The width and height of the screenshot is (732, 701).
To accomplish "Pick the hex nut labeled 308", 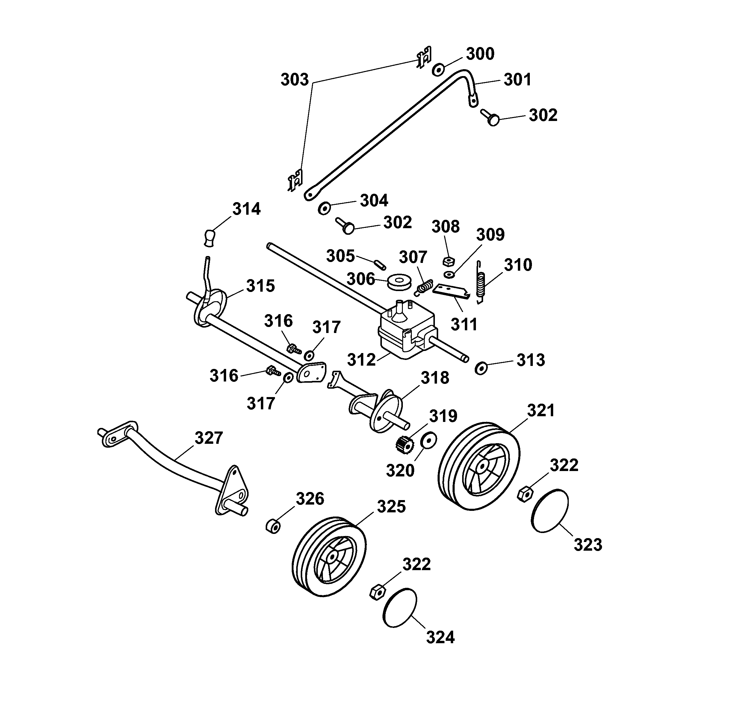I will pos(448,261).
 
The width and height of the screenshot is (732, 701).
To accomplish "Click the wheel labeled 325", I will pos(329,556).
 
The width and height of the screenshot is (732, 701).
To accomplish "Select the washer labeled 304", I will pos(324,208).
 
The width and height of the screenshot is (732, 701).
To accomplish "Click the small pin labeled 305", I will pos(381,264).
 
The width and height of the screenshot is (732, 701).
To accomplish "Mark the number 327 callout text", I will pos(209,438).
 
